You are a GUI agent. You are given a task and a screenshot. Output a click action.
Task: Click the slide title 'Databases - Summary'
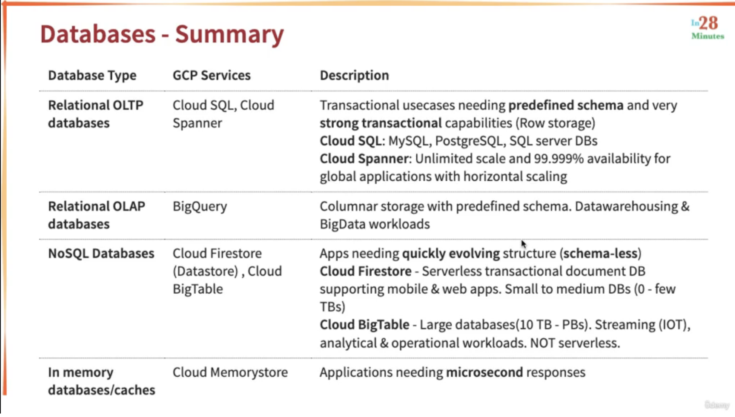162,34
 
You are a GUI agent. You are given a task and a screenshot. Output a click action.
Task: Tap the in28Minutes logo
707,28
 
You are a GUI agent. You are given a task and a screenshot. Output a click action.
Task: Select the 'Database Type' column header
92,76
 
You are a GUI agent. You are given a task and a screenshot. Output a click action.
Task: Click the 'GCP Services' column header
212,75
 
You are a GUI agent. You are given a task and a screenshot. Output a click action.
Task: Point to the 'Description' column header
355,76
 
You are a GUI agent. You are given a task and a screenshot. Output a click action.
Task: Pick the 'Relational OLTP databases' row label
96,114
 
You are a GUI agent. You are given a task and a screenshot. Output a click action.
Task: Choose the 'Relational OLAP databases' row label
96,215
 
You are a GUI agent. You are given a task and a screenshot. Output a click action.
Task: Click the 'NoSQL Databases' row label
101,253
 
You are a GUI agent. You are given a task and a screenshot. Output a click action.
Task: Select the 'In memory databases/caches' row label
101,381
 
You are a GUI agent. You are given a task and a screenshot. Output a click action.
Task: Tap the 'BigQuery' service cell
200,207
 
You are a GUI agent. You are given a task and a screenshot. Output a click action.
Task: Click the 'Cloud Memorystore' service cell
230,372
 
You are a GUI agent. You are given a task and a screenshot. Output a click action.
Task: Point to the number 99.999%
559,159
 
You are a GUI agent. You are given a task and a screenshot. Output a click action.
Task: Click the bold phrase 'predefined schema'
566,106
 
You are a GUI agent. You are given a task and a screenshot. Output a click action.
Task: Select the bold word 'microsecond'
484,372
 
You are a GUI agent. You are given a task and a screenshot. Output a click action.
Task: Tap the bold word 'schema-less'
600,253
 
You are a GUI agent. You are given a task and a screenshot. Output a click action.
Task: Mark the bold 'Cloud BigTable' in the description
364,325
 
